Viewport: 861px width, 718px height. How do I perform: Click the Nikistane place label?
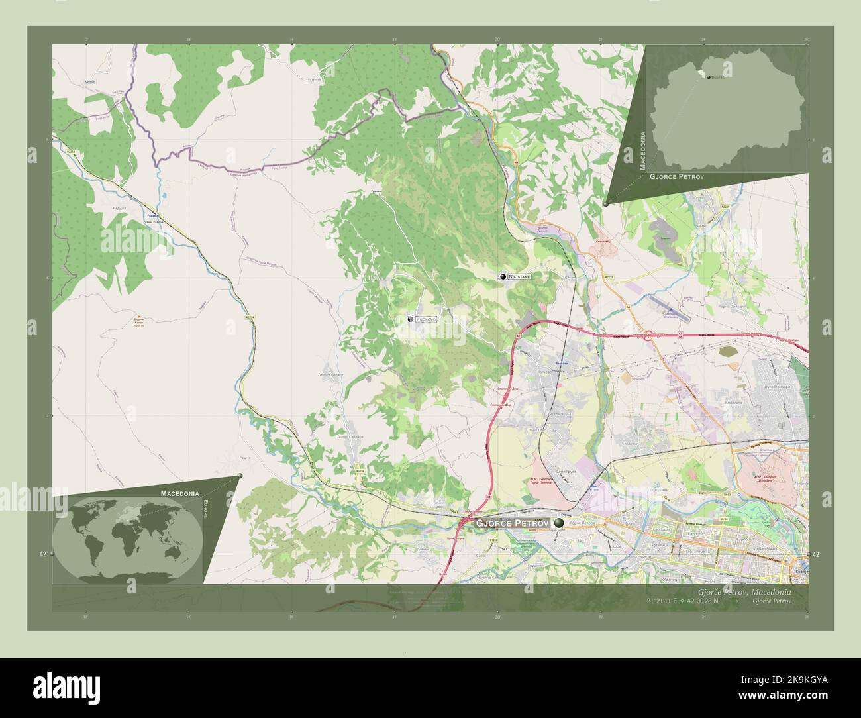tap(519, 276)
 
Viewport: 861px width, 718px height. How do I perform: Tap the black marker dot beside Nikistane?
tap(503, 276)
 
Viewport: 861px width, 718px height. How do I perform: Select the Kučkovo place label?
tap(426, 320)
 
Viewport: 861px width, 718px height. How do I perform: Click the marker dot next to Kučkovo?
tap(411, 320)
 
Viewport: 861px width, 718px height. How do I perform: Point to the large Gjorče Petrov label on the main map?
tap(512, 523)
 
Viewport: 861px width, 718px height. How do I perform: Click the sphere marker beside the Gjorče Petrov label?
tap(560, 523)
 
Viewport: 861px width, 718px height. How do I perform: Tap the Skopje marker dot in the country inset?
tap(709, 77)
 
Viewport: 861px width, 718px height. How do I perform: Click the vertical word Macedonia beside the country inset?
tap(642, 151)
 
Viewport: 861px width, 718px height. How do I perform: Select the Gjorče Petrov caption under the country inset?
tap(676, 177)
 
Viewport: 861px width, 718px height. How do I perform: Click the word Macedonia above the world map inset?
tap(179, 493)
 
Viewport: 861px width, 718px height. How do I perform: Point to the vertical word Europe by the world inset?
tap(206, 512)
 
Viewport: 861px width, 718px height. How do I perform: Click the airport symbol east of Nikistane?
tap(669, 311)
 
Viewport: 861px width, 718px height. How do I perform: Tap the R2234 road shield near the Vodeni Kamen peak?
tap(250, 318)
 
